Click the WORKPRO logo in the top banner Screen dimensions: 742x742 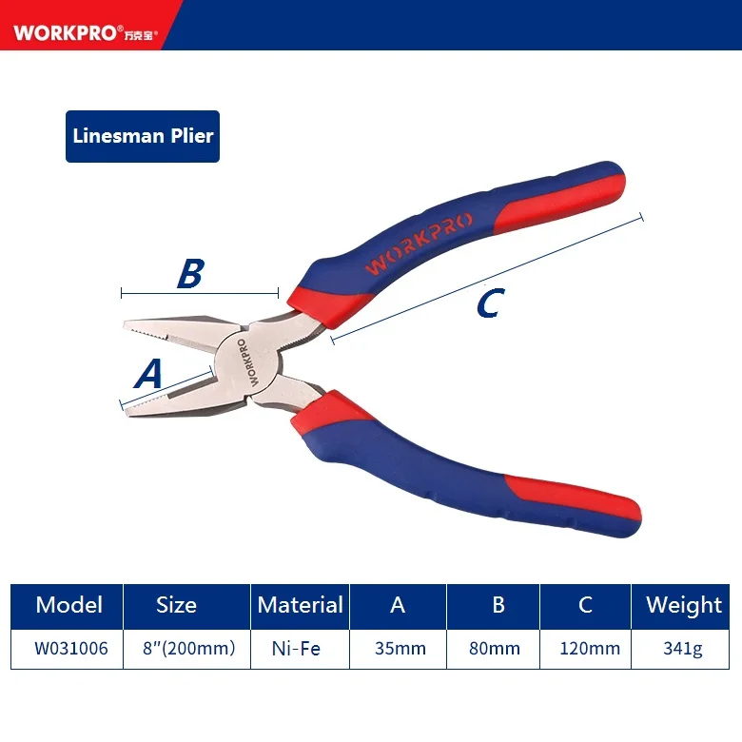tap(85, 33)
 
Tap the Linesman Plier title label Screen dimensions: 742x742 tap(144, 135)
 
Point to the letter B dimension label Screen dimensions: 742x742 tap(190, 274)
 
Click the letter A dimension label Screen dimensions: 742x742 tap(148, 374)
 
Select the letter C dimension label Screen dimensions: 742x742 tap(487, 304)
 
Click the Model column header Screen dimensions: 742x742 tap(68, 605)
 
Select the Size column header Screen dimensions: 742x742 tap(176, 605)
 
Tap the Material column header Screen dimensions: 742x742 tap(300, 605)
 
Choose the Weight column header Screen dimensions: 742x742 tap(683, 605)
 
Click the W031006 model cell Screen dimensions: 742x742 tap(68, 650)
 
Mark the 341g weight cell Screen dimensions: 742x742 tap(683, 650)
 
